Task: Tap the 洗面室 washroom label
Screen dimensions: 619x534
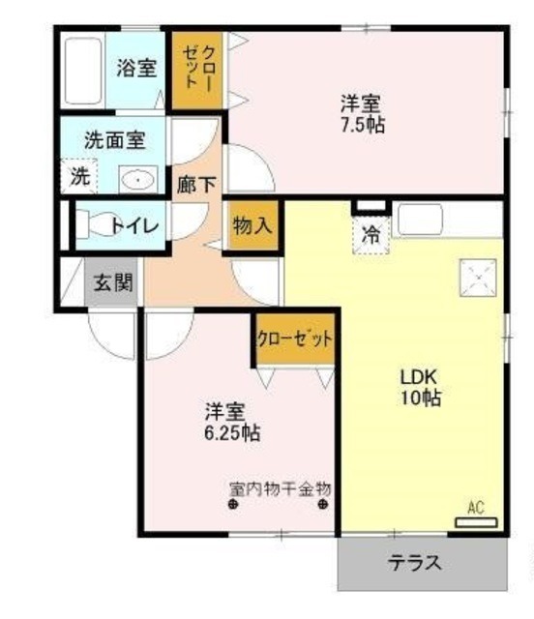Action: (115, 138)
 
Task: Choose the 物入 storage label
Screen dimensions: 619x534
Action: (252, 226)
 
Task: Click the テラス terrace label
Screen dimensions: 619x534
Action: (415, 562)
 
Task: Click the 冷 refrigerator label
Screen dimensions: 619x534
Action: (371, 233)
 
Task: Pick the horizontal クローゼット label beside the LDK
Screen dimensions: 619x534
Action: (296, 339)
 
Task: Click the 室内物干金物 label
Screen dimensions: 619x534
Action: (281, 488)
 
